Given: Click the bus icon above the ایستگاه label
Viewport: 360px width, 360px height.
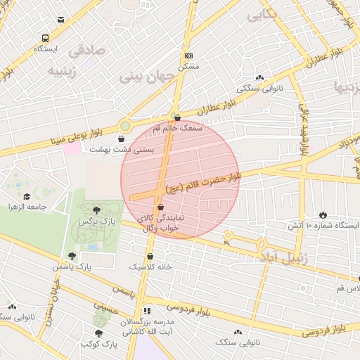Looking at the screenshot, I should (46, 39).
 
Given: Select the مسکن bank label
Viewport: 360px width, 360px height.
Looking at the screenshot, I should (188, 65).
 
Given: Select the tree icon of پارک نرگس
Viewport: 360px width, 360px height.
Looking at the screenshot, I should (96, 210).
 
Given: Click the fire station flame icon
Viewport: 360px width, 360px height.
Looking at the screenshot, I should (323, 214).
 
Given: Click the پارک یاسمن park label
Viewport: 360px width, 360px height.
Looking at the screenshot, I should (72, 267).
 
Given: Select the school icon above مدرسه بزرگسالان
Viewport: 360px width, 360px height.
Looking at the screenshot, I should (146, 310).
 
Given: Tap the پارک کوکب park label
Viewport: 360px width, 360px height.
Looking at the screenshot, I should (98, 345).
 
